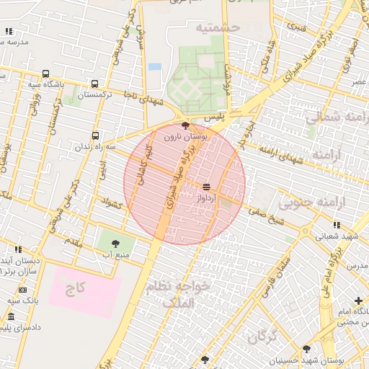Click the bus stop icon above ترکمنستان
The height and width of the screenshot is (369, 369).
[96, 83]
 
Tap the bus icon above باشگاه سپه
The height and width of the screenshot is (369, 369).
[46, 74]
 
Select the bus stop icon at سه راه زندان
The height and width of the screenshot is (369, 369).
[96, 135]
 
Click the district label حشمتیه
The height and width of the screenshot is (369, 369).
[216, 28]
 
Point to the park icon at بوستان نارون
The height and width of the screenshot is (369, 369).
[187, 125]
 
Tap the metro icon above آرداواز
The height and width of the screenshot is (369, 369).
[207, 186]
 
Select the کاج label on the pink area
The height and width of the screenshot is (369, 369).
[76, 289]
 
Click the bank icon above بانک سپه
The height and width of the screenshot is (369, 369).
[24, 289]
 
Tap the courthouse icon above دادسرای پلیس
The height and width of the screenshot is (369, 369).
[10, 317]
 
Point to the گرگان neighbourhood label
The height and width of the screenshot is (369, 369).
[262, 337]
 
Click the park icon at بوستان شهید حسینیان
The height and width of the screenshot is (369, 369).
[306, 349]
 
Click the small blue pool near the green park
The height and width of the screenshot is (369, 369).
[154, 67]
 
